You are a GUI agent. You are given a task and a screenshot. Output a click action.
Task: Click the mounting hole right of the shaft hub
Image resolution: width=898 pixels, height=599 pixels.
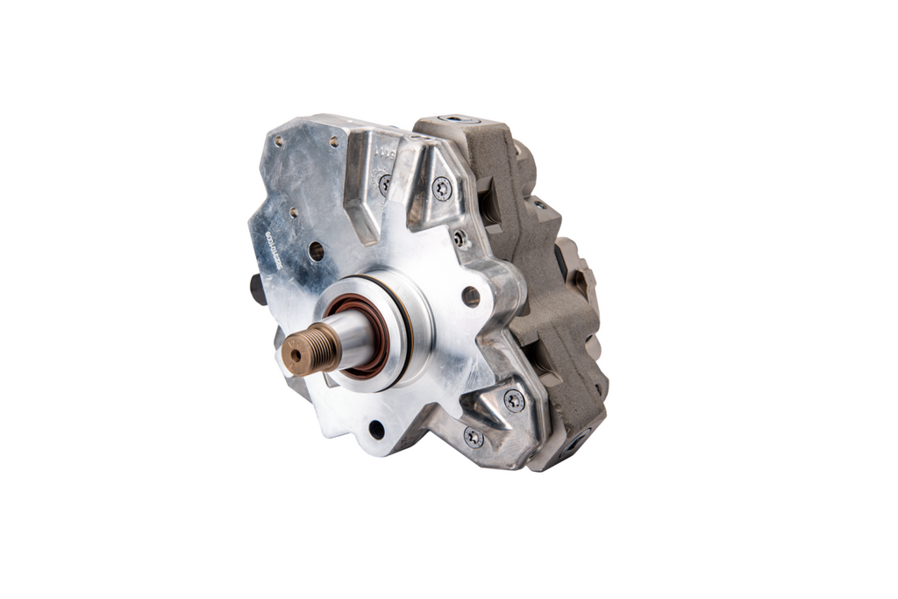tap(471, 296)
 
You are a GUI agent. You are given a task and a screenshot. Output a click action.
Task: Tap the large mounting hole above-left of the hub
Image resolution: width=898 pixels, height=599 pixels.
tap(316, 251)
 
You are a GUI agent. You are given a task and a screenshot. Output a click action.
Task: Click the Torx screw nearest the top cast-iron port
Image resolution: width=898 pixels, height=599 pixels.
tap(442, 187)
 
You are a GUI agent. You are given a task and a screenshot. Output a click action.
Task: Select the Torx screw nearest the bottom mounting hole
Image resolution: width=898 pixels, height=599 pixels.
tap(474, 437)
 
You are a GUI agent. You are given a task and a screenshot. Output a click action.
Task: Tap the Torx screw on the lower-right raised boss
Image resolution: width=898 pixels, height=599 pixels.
tap(514, 400)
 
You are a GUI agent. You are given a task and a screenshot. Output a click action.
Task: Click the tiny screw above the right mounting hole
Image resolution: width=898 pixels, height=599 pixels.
tap(460, 239)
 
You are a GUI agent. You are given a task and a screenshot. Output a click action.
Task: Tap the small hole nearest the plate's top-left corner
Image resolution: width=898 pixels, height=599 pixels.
tap(279, 139)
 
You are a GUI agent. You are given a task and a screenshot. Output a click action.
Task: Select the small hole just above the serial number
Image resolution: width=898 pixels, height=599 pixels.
tap(293, 213)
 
